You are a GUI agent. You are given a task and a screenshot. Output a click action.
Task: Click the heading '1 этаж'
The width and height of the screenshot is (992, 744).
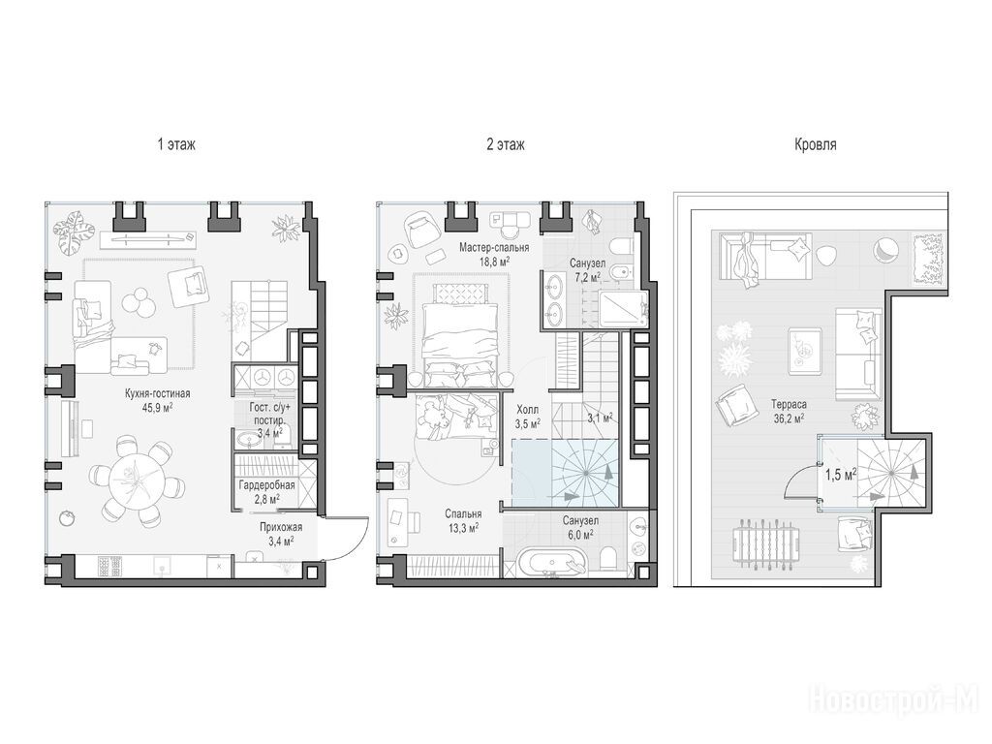[176, 145]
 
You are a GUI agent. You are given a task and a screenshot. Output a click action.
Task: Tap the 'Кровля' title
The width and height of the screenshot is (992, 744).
[815, 145]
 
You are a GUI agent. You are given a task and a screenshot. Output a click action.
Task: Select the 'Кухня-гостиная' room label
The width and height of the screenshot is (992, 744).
[158, 393]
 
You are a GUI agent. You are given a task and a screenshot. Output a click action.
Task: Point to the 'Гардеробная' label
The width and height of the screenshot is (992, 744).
[266, 485]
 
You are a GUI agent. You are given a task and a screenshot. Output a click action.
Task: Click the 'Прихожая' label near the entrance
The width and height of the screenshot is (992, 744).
[281, 527]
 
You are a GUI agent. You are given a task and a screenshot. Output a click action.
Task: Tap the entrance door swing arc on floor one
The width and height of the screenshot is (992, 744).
[355, 545]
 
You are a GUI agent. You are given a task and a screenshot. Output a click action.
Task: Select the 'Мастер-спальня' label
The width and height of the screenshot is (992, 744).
[494, 247]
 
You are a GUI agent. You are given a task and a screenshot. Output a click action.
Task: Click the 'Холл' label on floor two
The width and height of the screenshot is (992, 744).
[528, 410]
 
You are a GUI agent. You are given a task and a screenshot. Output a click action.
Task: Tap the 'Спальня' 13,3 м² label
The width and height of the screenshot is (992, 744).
[463, 514]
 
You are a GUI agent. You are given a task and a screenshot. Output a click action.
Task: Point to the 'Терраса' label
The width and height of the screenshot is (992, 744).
[789, 404]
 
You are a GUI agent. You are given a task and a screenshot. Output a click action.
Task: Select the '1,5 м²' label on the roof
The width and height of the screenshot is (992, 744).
[840, 474]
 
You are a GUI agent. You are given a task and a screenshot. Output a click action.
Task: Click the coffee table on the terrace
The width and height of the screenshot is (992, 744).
[805, 347]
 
